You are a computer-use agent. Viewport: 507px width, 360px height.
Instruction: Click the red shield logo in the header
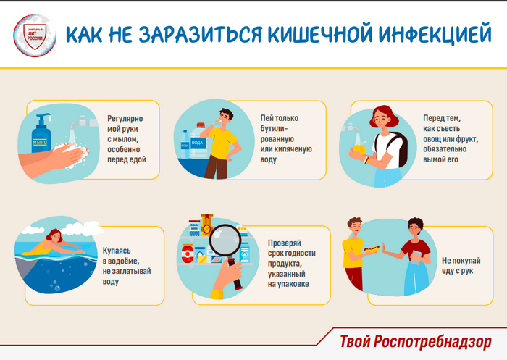35,36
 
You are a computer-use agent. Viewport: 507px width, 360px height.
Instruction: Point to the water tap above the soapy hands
83,122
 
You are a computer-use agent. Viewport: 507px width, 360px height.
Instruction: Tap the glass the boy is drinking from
217,123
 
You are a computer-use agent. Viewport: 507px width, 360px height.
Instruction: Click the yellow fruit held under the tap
359,148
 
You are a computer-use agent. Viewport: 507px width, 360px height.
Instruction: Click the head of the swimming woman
55,235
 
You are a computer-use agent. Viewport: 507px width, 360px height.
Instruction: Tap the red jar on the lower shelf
187,254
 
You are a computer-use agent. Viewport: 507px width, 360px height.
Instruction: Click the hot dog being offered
372,248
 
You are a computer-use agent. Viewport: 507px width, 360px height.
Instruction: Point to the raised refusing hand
385,249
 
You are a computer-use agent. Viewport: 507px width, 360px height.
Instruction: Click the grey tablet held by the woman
416,257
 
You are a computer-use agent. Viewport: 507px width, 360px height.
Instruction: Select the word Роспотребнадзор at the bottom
432,342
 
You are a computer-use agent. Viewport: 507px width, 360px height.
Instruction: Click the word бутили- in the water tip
274,129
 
